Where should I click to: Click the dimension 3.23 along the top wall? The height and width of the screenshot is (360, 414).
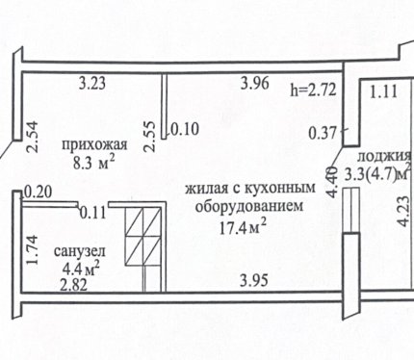pos(92,84)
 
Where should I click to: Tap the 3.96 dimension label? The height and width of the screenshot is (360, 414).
pos(255,84)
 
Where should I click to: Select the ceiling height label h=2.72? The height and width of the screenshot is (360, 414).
pos(313,90)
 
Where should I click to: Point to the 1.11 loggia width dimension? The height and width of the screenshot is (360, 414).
pos(384,92)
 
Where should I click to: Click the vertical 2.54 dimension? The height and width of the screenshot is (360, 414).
pos(33,136)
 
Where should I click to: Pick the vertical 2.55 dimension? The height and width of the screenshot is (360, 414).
pos(150,136)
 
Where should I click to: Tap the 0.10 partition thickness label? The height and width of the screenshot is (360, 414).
pos(185,129)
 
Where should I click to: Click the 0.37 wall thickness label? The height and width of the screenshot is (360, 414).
pos(323,133)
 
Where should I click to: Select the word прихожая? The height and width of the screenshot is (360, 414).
pos(94,145)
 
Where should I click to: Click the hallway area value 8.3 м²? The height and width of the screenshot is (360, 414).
pos(93,163)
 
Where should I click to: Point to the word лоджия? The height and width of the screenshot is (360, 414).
pos(384,157)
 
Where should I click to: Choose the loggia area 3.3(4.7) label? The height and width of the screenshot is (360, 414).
pos(377,175)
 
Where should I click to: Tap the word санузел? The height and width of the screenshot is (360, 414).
pos(80,251)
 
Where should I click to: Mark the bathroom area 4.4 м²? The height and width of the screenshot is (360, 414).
pos(81,269)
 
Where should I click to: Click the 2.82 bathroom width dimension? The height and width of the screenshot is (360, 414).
pos(74,285)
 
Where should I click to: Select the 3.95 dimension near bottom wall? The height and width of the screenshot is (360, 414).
pos(254,281)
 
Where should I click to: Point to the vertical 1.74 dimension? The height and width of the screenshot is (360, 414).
pos(33,250)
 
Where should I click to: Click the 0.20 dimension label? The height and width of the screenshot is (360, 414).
pos(38,193)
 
